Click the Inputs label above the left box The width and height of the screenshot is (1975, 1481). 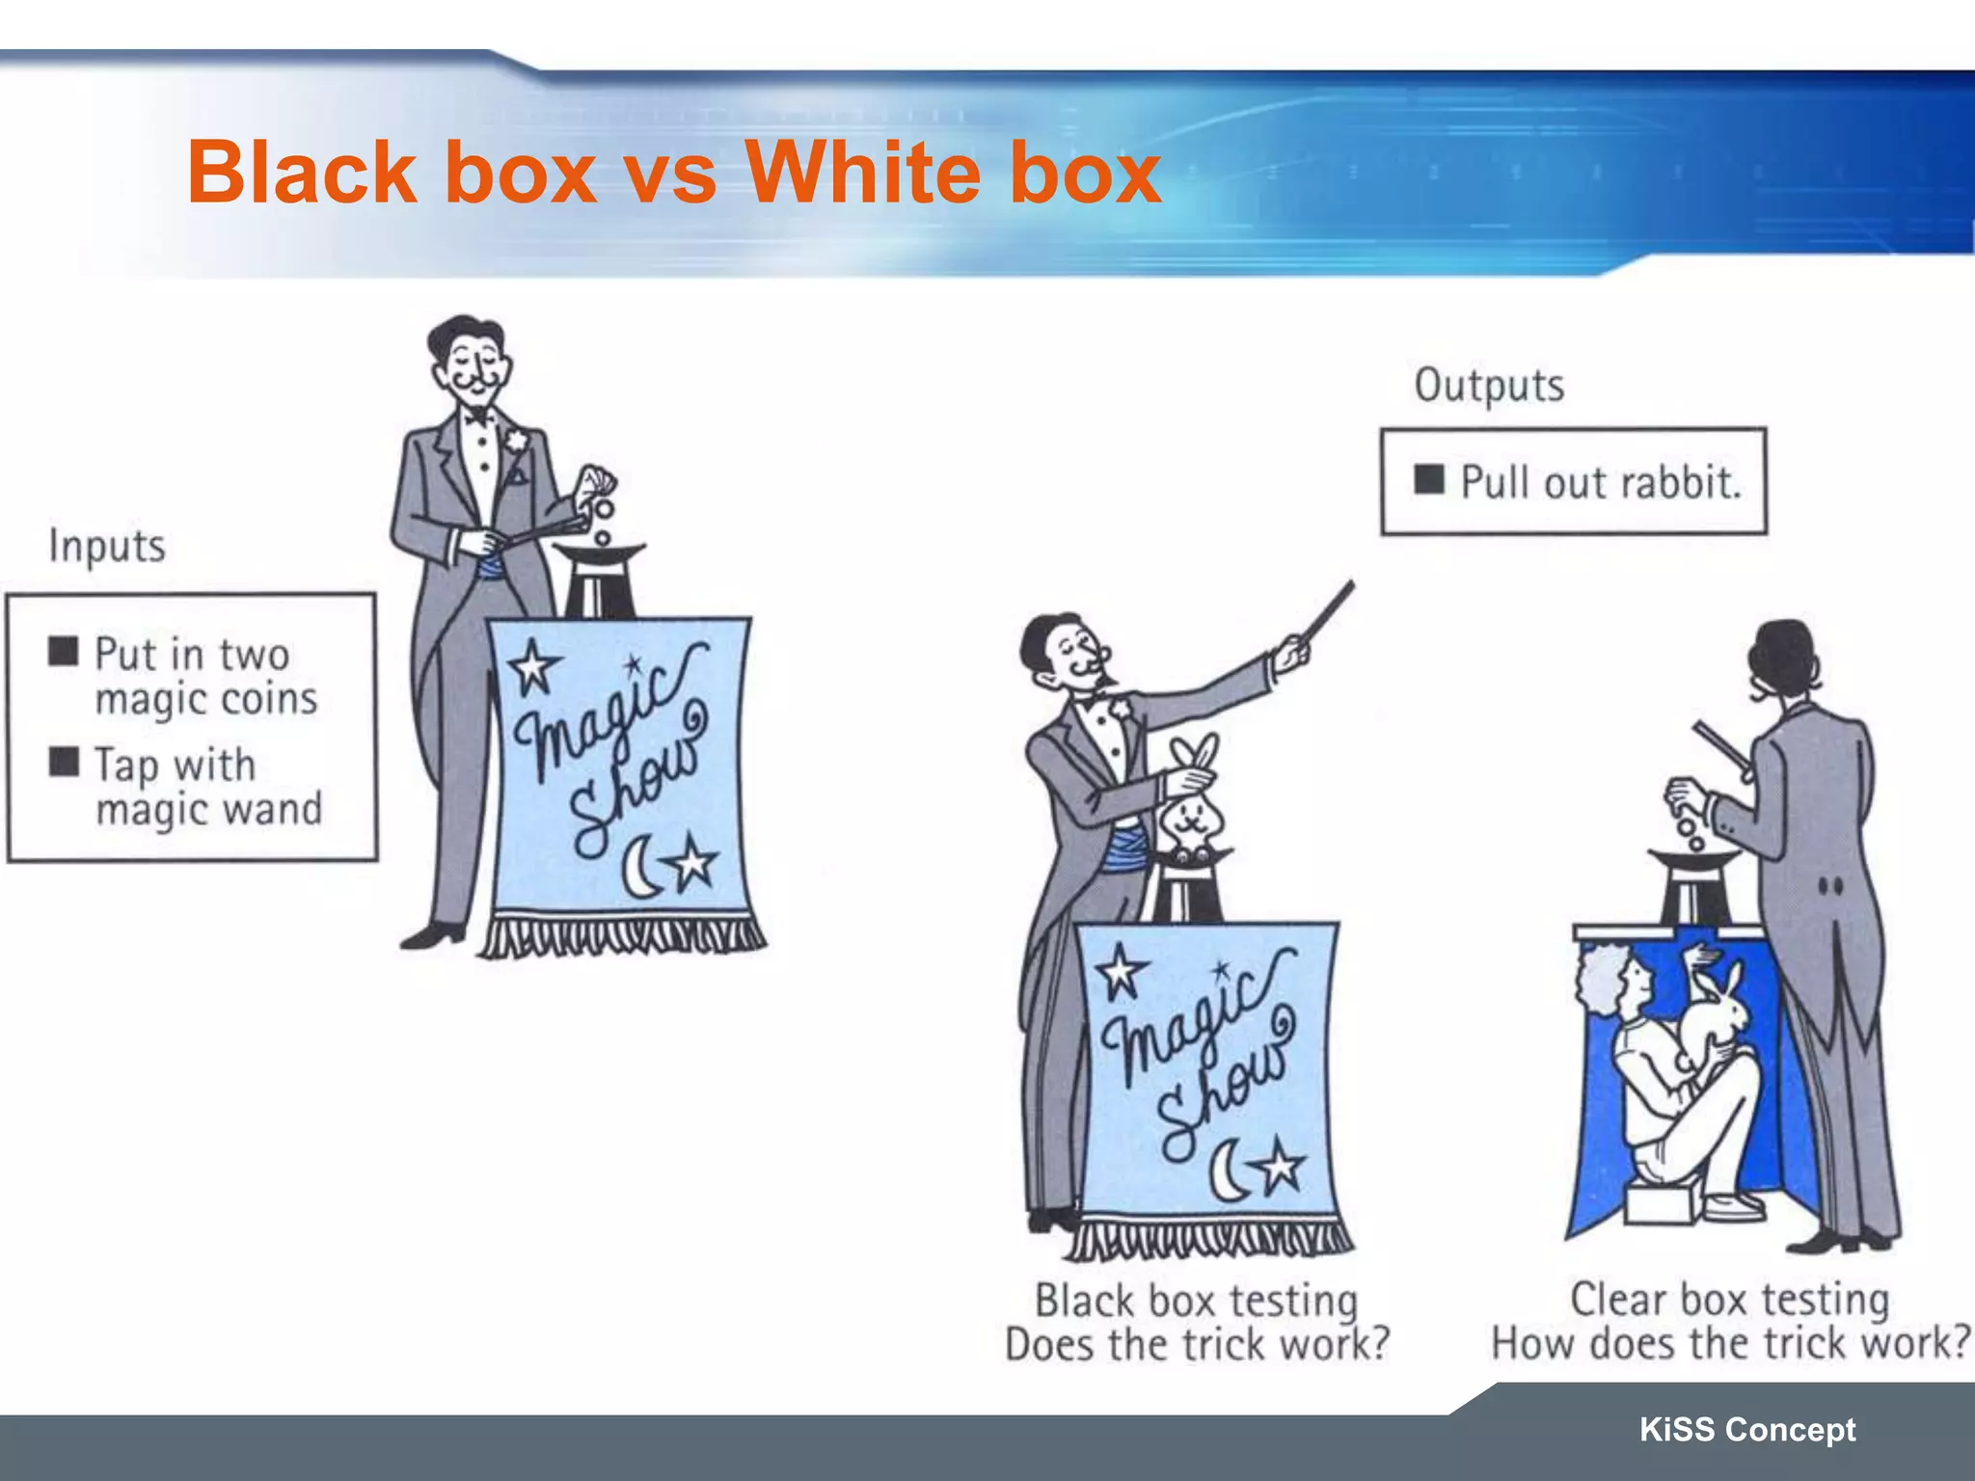click(x=107, y=547)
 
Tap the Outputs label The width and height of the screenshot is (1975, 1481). click(x=1489, y=386)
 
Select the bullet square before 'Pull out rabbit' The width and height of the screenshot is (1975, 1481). click(x=1429, y=479)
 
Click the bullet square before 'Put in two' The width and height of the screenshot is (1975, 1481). click(x=64, y=651)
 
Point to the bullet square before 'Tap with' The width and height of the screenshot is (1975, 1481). click(x=64, y=761)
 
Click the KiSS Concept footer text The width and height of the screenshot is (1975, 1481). click(x=1747, y=1429)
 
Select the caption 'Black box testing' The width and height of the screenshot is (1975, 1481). click(x=1197, y=1300)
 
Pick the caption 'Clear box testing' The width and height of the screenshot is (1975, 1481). click(x=1730, y=1299)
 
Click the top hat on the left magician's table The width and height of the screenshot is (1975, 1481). click(x=600, y=579)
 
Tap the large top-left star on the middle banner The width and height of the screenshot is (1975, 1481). click(x=1120, y=972)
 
